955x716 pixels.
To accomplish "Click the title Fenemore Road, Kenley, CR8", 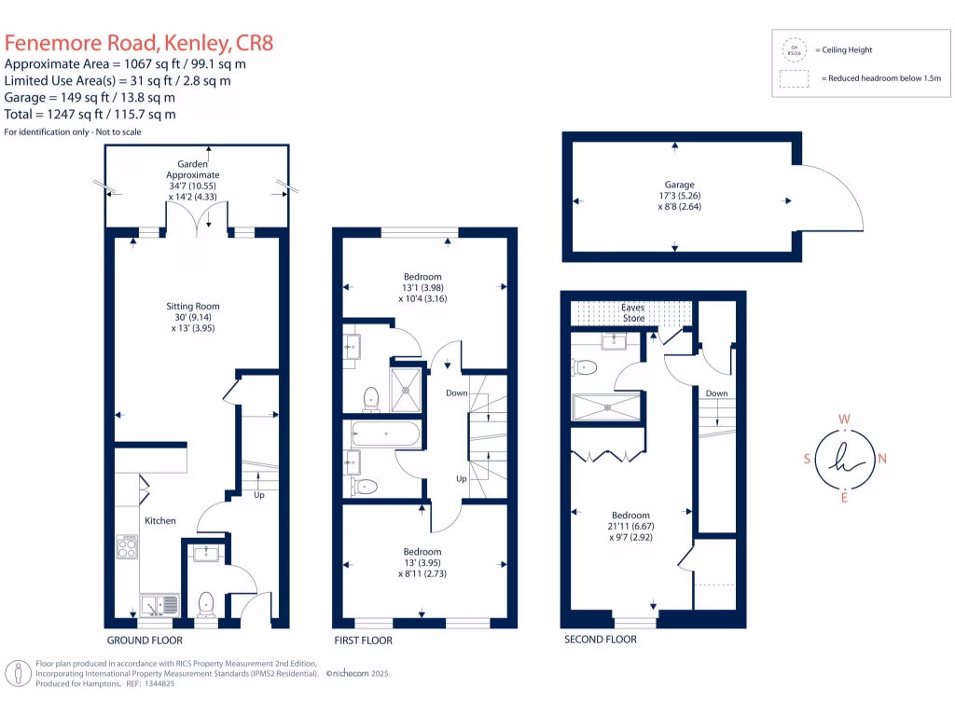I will (139, 43).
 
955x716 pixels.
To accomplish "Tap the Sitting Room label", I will (192, 305).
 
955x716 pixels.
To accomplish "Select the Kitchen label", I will (159, 520).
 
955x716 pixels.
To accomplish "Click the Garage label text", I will (680, 185).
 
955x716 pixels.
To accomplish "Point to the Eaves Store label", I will (633, 312).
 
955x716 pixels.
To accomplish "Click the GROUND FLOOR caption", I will (145, 640).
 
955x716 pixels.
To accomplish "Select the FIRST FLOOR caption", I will (364, 640).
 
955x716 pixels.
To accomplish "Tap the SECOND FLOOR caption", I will (601, 640).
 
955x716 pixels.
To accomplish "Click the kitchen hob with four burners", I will (128, 547).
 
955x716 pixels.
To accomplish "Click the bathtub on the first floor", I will (386, 434).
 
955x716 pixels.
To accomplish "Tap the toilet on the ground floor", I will (206, 603).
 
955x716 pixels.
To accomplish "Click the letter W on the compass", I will (844, 419).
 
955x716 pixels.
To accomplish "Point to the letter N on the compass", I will (882, 458).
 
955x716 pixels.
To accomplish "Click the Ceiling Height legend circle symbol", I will (795, 48).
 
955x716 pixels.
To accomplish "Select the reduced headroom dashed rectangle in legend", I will (795, 80).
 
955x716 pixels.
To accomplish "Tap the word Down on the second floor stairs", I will (716, 393).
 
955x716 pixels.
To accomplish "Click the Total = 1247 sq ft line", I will (90, 115).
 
